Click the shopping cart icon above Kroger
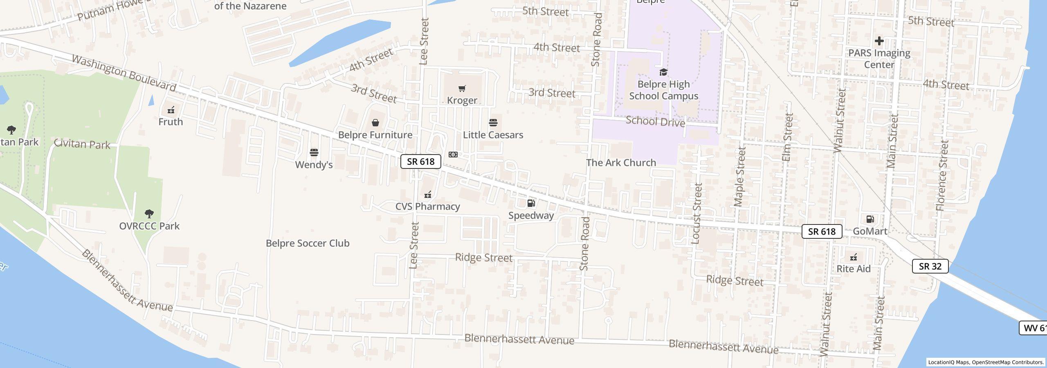point(462,88)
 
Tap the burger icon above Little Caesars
point(493,123)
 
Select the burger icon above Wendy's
point(314,153)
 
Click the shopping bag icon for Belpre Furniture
point(375,123)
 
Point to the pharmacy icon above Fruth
point(171,110)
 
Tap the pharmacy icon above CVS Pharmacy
point(428,195)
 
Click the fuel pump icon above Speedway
point(531,203)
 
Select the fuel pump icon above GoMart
point(870,219)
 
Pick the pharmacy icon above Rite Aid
point(854,257)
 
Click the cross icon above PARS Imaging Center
point(879,41)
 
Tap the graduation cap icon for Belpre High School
point(663,72)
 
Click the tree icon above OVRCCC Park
point(149,213)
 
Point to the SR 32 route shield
point(930,267)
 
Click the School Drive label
point(655,121)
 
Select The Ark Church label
point(621,163)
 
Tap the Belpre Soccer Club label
point(308,243)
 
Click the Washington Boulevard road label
point(124,73)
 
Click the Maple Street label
point(740,177)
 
